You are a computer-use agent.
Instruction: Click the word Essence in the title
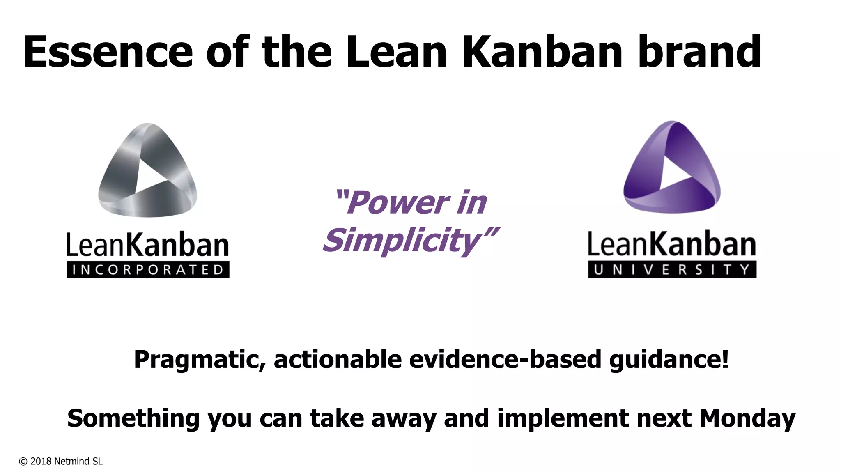(x=108, y=52)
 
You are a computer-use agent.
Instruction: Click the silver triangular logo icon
(x=147, y=170)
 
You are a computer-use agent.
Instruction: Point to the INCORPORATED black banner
(x=148, y=270)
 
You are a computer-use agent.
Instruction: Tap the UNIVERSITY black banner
(x=672, y=270)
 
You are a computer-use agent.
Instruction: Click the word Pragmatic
(x=200, y=360)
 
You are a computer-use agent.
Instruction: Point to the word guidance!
(x=669, y=360)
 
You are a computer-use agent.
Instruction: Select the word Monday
(x=747, y=418)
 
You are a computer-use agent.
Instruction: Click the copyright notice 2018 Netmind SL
(x=61, y=462)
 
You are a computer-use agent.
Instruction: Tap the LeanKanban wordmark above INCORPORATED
(x=148, y=246)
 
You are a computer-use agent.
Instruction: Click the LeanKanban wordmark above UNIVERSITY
(x=672, y=244)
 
